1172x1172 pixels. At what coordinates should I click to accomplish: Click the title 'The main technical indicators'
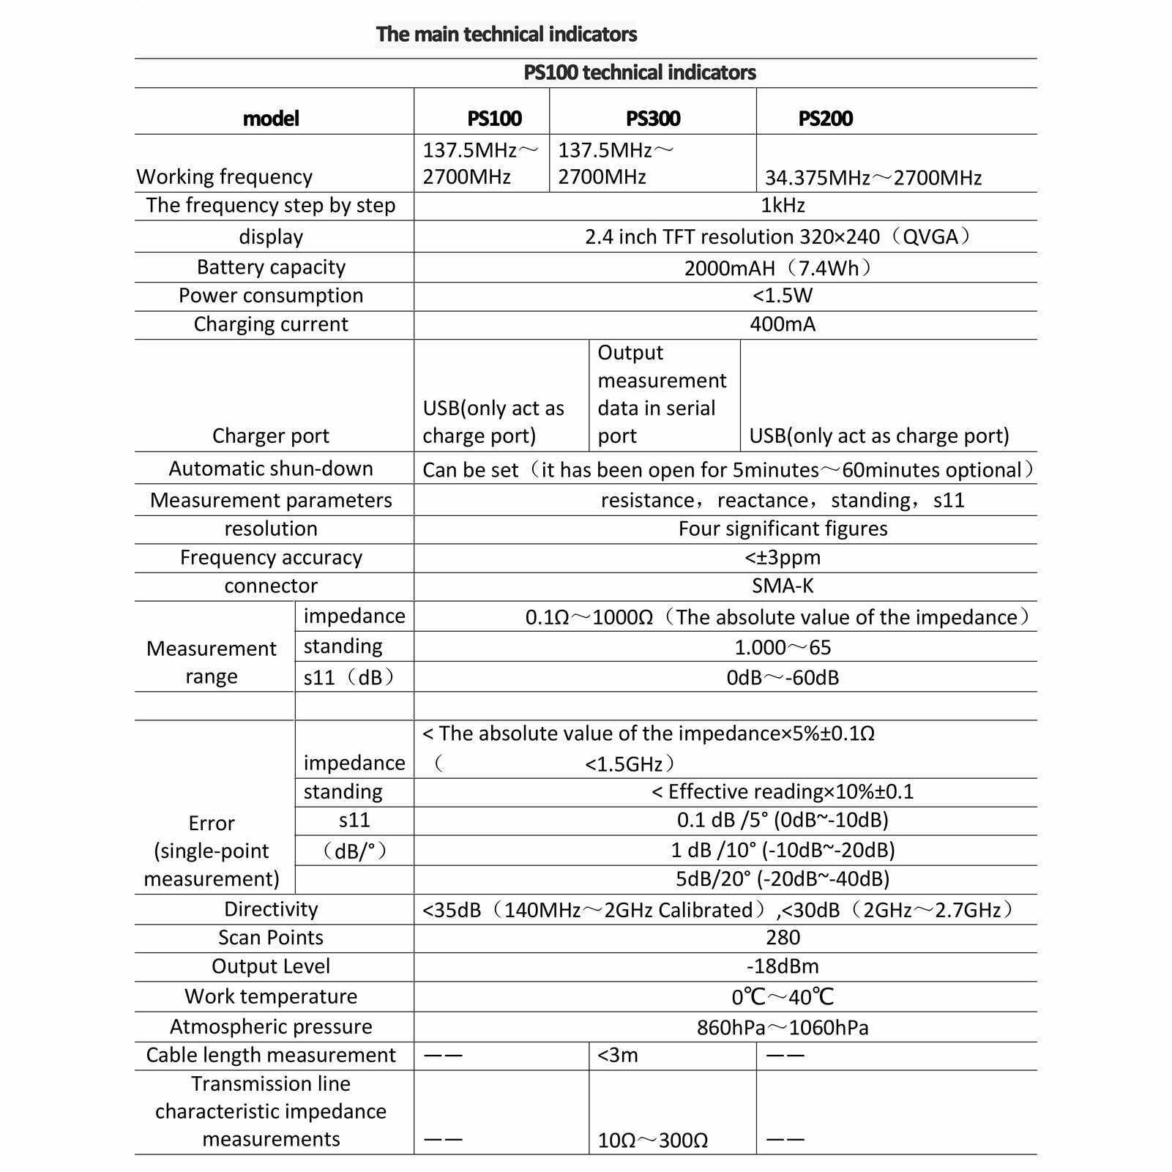coord(506,34)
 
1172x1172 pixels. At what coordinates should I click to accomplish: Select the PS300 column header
coord(653,119)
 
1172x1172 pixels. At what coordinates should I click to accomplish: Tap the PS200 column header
coord(825,119)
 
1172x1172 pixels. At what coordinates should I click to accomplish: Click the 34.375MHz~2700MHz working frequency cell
coord(873,178)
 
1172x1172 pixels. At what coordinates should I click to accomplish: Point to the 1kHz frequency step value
coord(783,206)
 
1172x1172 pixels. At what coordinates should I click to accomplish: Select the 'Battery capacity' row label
coord(271,267)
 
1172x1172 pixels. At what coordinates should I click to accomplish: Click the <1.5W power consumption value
coord(783,296)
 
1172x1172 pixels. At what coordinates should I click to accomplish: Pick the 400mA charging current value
coord(783,324)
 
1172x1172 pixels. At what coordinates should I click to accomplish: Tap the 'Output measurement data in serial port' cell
coord(661,395)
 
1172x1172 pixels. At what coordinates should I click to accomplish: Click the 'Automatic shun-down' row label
coord(271,469)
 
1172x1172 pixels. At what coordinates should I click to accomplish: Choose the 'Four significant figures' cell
coord(783,529)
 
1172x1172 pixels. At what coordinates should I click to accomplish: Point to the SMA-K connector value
coord(783,586)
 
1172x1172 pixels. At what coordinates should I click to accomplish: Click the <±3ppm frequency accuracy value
coord(783,558)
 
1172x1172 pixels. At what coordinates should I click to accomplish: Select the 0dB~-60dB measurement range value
coord(783,677)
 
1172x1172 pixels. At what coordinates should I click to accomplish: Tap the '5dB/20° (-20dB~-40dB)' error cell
coord(783,878)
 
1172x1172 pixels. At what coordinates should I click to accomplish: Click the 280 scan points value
coord(783,938)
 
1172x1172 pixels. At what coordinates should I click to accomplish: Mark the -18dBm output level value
coord(783,966)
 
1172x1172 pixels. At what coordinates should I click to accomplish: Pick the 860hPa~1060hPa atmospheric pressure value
coord(783,1028)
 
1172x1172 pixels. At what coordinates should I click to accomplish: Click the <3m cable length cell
coord(619,1056)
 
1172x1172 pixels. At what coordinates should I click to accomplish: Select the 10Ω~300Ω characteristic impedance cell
coord(652,1141)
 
